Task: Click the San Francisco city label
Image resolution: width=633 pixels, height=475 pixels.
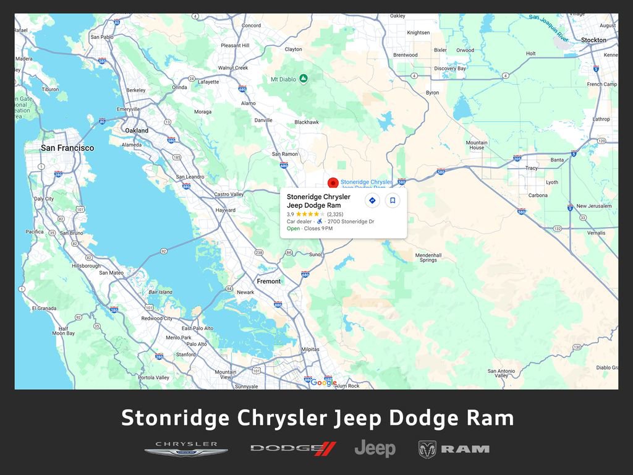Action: point(67,148)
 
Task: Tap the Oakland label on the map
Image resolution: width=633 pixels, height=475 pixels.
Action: point(137,131)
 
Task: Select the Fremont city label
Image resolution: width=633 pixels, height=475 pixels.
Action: point(268,281)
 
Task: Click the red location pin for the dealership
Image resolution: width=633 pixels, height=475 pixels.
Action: point(333,182)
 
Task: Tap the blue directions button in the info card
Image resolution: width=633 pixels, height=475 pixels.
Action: point(372,200)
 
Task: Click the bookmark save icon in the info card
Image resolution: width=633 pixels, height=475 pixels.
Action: point(393,200)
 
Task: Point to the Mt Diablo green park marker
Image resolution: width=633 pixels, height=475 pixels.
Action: point(303,79)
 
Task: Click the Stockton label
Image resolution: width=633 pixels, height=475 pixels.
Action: point(593,40)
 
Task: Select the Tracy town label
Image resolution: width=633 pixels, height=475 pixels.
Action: point(531,168)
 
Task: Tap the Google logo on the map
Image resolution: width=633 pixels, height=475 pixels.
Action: point(323,382)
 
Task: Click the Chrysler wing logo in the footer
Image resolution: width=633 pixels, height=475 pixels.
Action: point(186,448)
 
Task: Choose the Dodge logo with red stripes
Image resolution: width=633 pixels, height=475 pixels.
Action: point(293,448)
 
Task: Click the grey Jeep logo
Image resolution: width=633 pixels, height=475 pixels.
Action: point(375,448)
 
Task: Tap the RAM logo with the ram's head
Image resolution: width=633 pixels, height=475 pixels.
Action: point(454,449)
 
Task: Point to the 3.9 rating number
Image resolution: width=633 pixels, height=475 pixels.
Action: point(291,214)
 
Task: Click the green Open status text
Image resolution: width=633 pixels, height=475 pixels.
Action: point(293,228)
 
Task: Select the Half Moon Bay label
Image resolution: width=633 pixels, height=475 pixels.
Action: point(63,331)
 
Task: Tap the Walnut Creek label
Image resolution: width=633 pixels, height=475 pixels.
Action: point(232,68)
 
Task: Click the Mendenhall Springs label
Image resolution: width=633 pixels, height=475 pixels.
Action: point(428,257)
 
